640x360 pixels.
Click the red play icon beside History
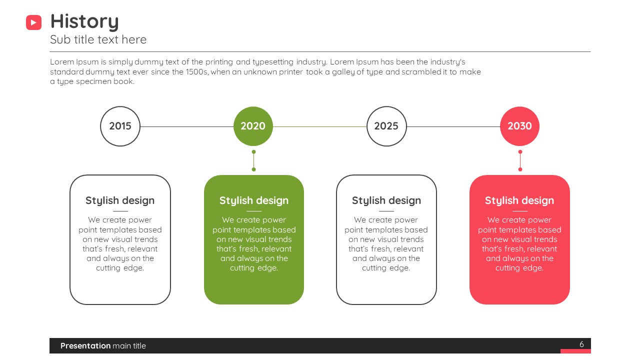pos(33,22)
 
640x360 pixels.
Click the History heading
pos(84,21)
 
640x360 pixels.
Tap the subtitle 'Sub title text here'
pos(98,39)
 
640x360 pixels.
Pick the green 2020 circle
pos(253,126)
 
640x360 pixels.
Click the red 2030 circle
pos(519,126)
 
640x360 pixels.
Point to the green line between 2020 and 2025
pos(319,126)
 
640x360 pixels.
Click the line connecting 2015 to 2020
pos(187,126)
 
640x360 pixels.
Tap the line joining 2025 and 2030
pos(453,126)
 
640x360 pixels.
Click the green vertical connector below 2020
pos(253,160)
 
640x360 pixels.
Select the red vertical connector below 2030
pos(520,160)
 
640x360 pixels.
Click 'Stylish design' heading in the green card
pos(254,200)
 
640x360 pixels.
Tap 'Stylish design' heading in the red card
pos(519,200)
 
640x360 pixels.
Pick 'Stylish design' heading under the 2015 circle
pos(120,200)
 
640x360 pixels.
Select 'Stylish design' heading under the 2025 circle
pos(386,200)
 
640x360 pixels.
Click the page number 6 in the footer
pos(581,344)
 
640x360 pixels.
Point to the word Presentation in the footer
pos(85,345)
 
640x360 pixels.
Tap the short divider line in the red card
pos(520,211)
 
